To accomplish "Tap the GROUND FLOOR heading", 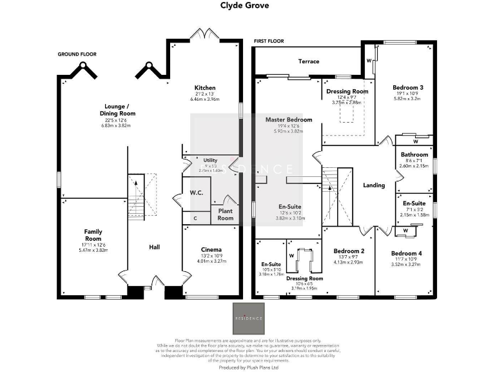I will (x=77, y=54).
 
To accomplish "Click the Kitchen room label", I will (x=206, y=88).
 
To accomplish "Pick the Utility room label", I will (x=210, y=160).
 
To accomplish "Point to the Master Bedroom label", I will (x=289, y=119).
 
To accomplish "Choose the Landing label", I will (x=374, y=185).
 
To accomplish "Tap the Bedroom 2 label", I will (x=349, y=251).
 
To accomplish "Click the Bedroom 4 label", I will (x=406, y=253).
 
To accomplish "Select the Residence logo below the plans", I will (x=247, y=318).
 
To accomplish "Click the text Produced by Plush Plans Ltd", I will (x=247, y=366).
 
